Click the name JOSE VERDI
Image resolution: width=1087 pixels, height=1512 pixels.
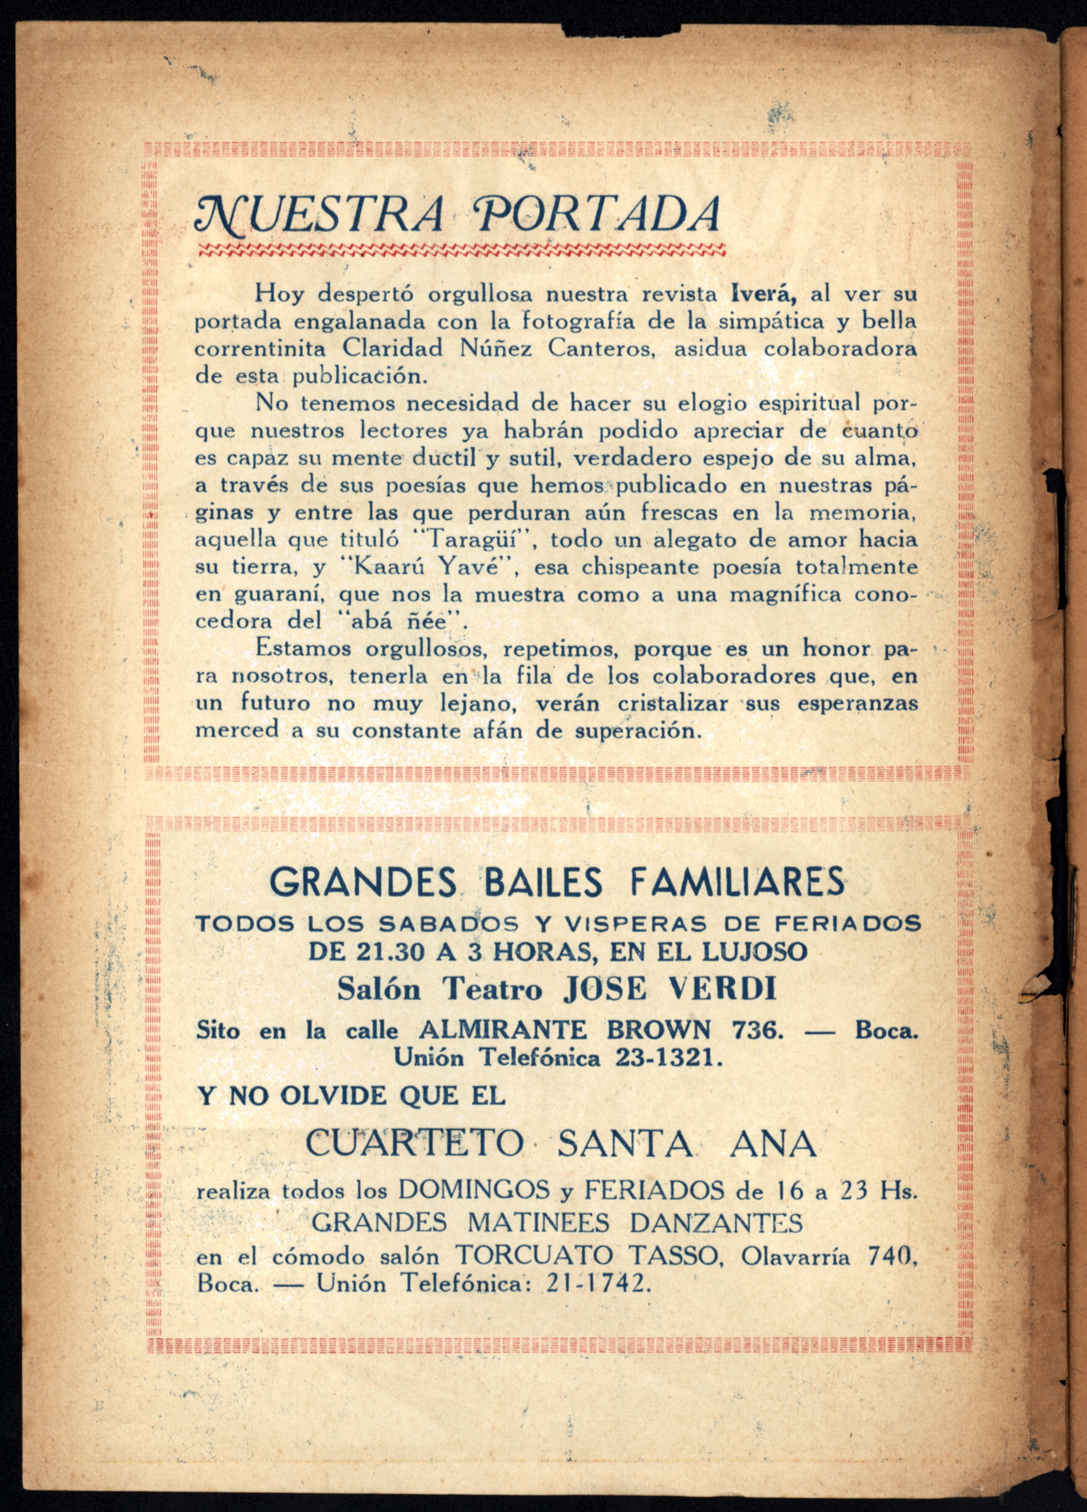670,989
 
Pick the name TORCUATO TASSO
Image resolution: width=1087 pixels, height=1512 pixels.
586,1256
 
